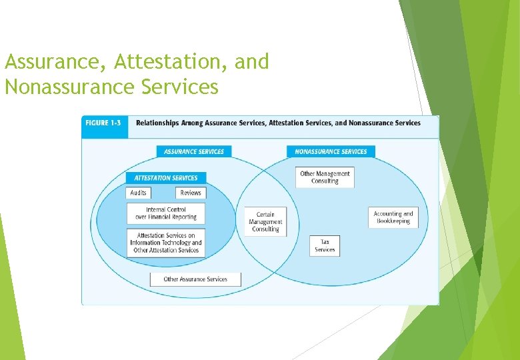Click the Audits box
pos(139,193)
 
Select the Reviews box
pos(191,193)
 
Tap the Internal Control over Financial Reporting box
pos(166,213)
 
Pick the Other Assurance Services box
pos(195,279)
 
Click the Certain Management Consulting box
pos(265,222)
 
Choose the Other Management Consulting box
pos(325,177)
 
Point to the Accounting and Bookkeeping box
pos(393,217)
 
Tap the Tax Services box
pos(325,246)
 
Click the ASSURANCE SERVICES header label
pos(194,151)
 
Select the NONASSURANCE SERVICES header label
pos(331,151)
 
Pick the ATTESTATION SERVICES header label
pos(166,178)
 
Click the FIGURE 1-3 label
pos(104,123)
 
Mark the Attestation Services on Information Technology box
pos(166,243)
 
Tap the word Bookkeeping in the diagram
pos(393,221)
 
